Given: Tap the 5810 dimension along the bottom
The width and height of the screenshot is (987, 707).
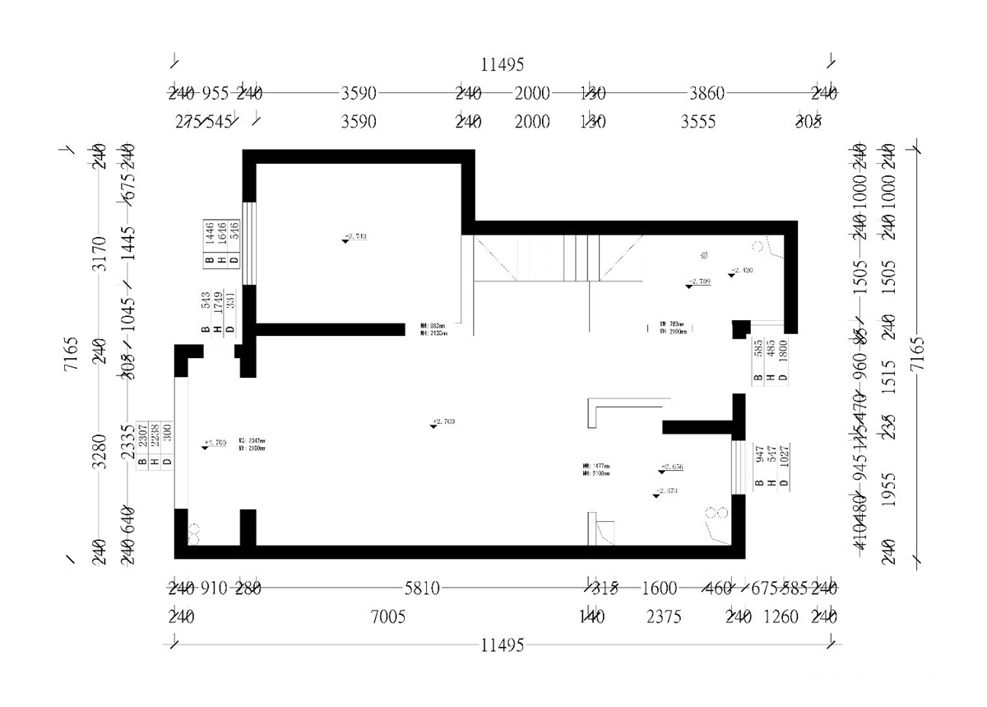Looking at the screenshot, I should coord(423,588).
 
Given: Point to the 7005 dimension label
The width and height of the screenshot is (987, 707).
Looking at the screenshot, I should coord(388,616).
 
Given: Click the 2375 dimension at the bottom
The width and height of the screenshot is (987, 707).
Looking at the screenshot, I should coord(664,616).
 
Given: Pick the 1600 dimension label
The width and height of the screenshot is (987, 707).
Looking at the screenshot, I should coord(659,588).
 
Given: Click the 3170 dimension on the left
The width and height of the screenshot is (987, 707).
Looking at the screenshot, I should coord(99,253).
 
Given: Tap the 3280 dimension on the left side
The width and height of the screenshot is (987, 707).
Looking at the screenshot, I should coord(99,451).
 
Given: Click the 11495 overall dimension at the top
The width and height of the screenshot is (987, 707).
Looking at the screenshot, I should coord(502,64).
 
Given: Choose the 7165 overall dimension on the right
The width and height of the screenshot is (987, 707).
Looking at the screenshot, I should coord(916,354).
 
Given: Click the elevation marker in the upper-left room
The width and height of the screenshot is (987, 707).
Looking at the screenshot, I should coord(354,237).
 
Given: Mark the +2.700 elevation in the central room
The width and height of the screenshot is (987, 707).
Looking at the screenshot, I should coord(443,422).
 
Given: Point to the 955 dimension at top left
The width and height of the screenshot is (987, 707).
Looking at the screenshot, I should coord(215,94).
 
